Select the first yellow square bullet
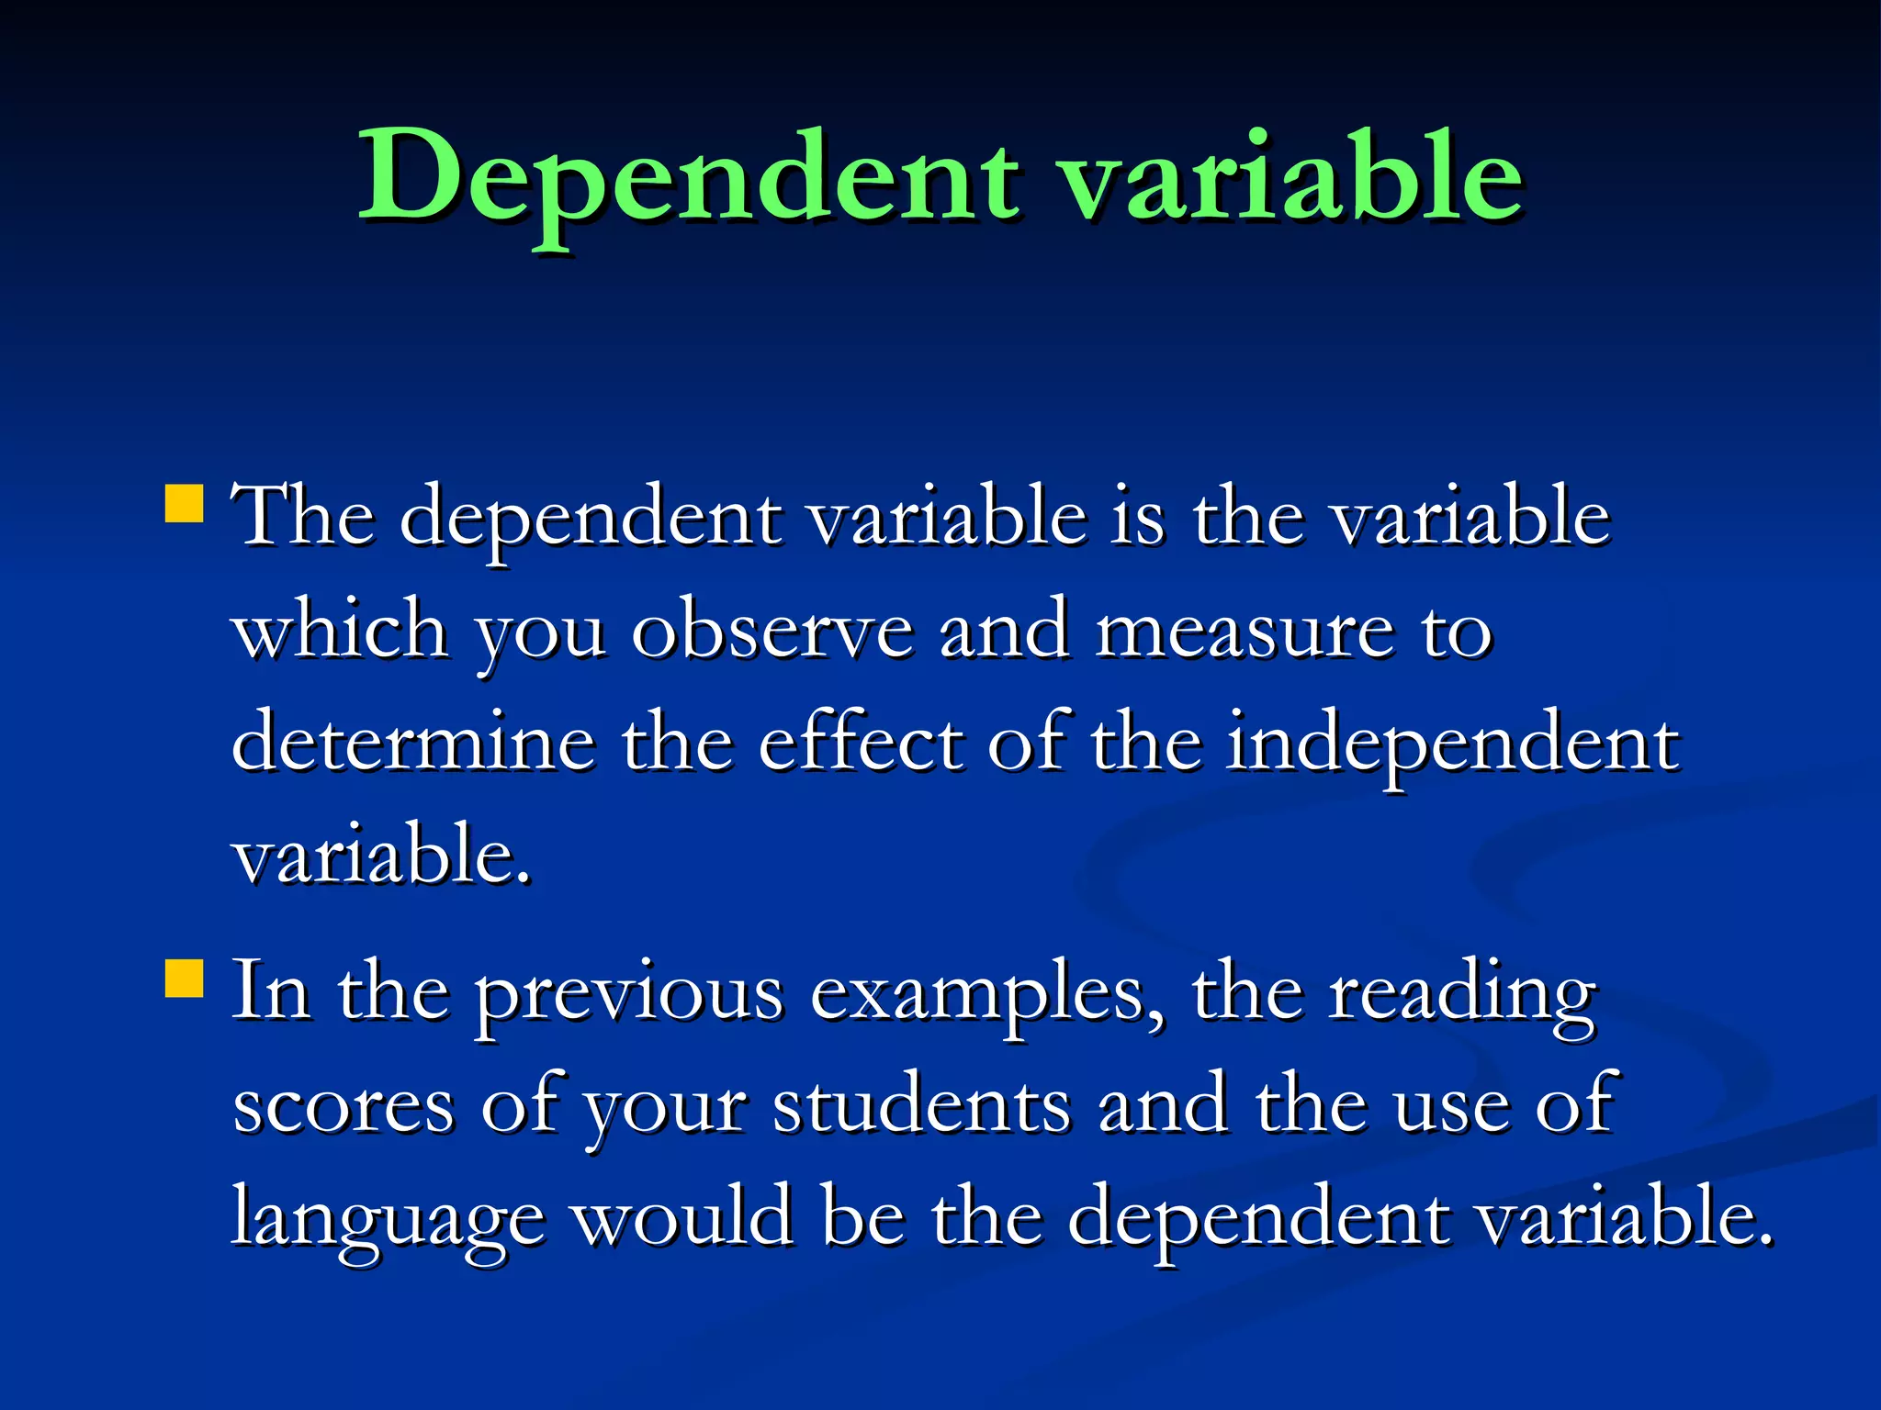(x=184, y=504)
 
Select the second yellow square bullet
(x=184, y=978)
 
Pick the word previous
(x=629, y=993)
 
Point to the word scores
(x=344, y=1106)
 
